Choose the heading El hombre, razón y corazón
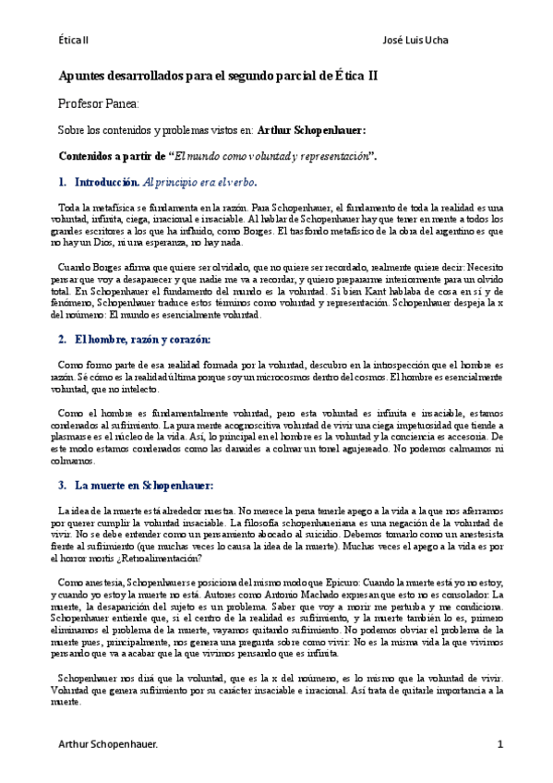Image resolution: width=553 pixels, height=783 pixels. point(143,338)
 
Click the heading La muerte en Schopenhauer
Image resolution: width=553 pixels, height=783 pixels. point(144,485)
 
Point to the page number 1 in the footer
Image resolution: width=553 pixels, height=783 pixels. point(499,743)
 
